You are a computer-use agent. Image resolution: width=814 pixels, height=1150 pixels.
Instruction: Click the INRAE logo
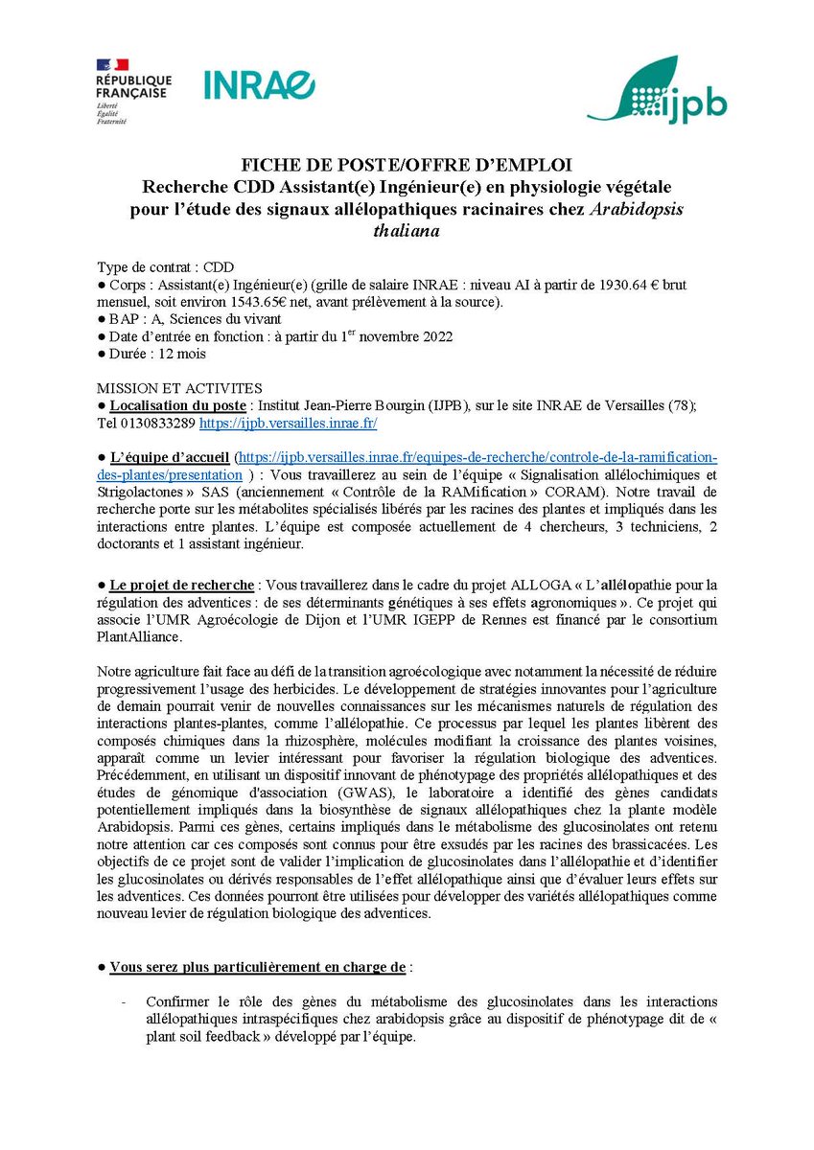259,84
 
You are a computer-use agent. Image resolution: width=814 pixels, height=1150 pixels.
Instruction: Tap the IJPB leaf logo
657,90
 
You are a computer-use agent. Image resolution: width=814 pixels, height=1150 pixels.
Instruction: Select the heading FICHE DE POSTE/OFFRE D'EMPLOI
407,165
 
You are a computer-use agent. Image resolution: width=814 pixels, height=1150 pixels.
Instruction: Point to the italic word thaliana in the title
407,230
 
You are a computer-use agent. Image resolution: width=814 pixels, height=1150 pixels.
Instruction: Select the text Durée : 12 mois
151,353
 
